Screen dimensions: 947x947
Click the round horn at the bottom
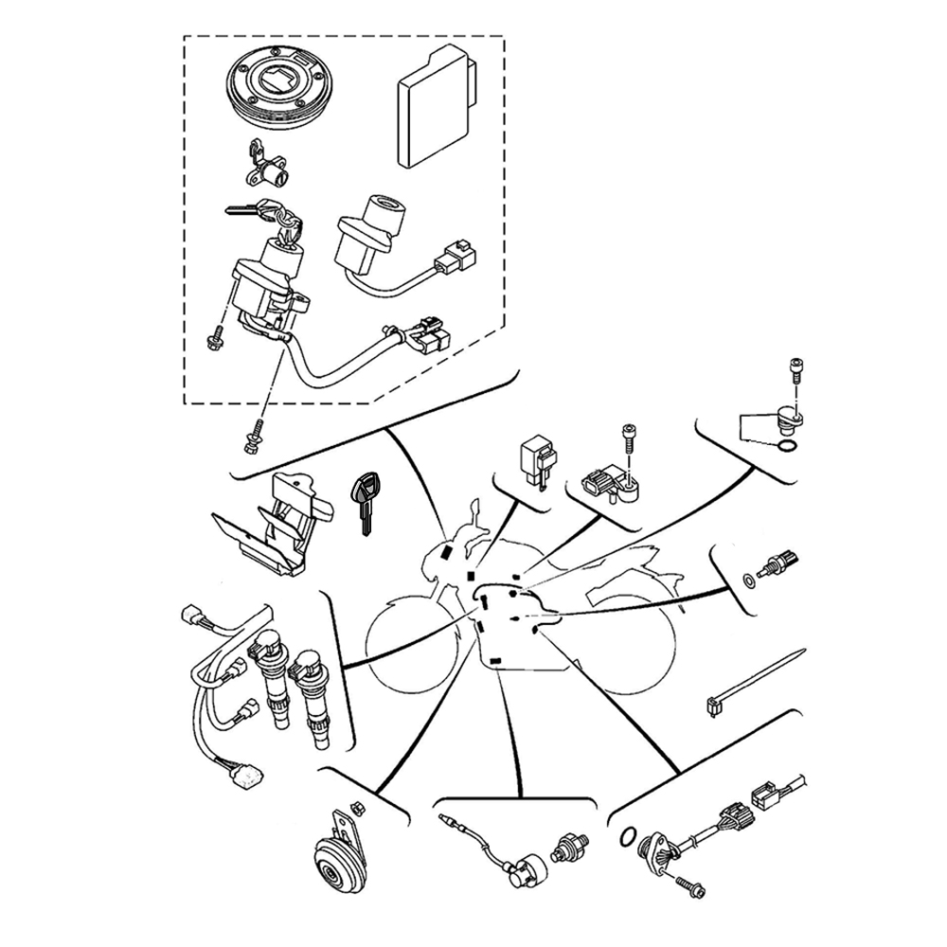coord(339,856)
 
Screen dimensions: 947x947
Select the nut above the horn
coord(358,807)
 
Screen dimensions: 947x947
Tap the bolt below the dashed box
coord(254,435)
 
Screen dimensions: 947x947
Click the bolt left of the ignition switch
coord(213,335)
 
